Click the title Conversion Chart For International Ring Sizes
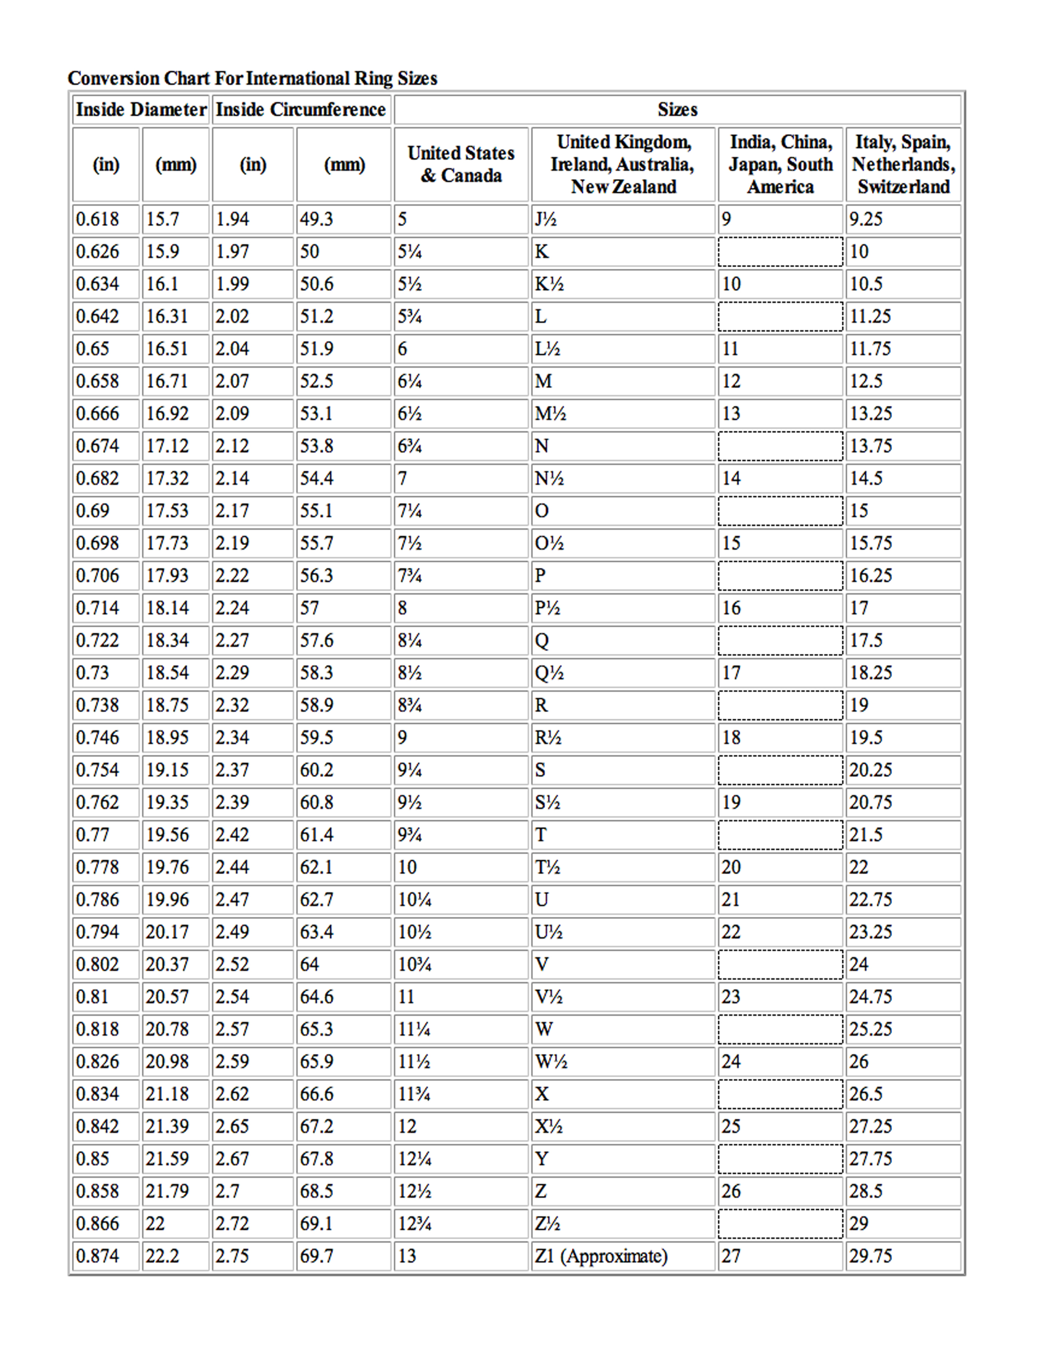point(252,78)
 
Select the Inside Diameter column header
point(140,110)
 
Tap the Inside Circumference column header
point(300,110)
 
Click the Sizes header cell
point(677,110)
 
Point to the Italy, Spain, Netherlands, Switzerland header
point(903,164)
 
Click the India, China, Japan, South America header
point(780,164)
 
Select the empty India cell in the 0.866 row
point(780,1223)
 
